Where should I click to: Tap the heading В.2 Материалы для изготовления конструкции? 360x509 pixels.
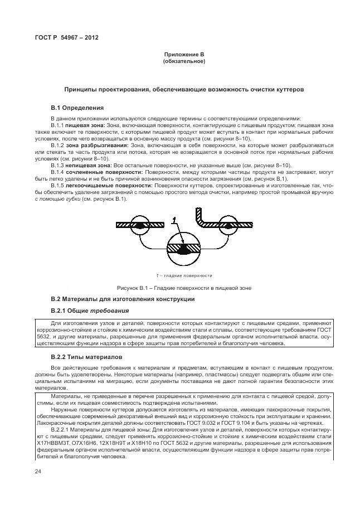123,299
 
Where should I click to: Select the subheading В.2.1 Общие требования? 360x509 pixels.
90,311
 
